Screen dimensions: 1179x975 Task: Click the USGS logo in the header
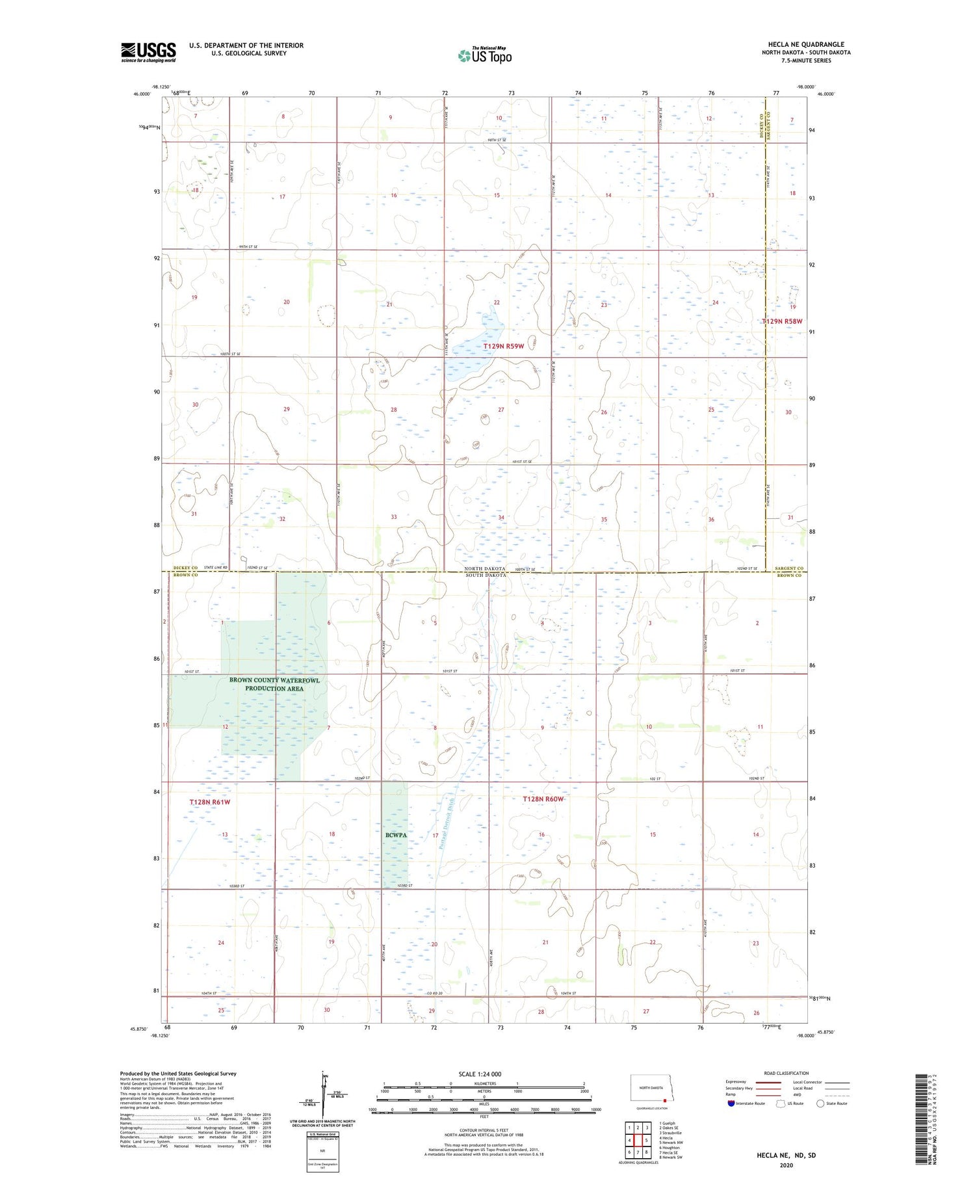(148, 52)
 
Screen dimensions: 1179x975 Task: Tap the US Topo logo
(485, 56)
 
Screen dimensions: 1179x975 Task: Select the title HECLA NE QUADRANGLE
(806, 44)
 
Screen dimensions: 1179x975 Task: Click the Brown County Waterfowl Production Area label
(274, 684)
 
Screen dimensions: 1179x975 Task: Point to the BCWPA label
(395, 834)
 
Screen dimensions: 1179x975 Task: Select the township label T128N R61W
(210, 802)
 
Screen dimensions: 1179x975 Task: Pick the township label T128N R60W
(543, 799)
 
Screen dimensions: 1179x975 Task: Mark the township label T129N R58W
(782, 321)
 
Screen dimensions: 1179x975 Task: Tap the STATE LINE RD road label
(216, 568)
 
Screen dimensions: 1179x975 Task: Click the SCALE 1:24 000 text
(480, 1074)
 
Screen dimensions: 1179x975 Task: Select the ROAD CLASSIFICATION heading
(786, 1073)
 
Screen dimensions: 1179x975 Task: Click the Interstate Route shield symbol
(731, 1103)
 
